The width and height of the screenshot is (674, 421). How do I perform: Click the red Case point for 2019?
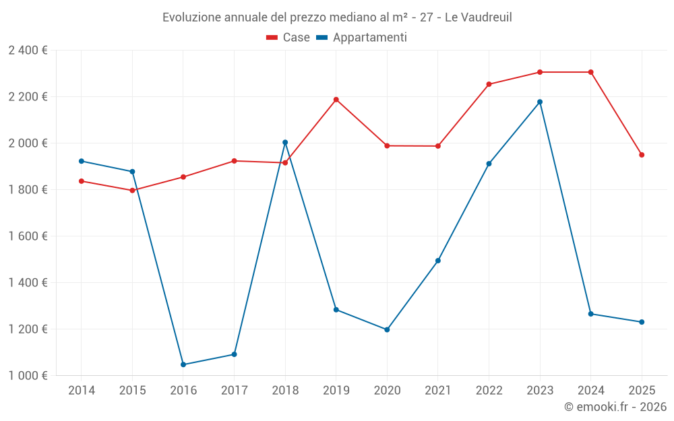tap(336, 100)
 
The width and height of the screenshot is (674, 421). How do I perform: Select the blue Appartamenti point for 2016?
tap(183, 364)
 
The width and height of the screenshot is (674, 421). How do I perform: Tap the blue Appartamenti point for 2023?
tap(540, 102)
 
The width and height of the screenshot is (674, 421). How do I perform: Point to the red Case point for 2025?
tap(642, 155)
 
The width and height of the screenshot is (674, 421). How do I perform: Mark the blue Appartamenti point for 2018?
tap(285, 142)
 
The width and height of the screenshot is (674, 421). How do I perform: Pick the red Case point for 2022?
tap(489, 84)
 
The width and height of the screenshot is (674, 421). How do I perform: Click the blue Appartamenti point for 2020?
tap(387, 329)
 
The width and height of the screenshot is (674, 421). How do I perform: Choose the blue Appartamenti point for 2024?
tap(591, 314)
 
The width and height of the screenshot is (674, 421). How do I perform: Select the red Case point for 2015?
tap(132, 190)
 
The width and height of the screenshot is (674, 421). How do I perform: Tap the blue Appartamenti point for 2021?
tap(438, 261)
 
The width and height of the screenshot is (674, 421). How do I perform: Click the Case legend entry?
tap(288, 38)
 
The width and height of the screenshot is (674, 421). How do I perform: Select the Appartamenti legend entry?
tap(361, 38)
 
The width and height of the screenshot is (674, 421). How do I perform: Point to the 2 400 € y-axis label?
tap(28, 51)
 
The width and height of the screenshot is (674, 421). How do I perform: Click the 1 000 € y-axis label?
tap(28, 376)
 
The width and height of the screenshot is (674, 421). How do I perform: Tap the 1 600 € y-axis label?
tap(28, 236)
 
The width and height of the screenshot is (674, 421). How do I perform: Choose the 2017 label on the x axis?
tap(234, 391)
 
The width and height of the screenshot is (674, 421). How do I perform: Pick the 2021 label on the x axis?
tap(438, 391)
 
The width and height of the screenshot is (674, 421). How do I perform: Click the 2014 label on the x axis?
tap(82, 391)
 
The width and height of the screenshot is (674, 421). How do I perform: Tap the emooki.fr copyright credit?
tap(615, 407)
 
